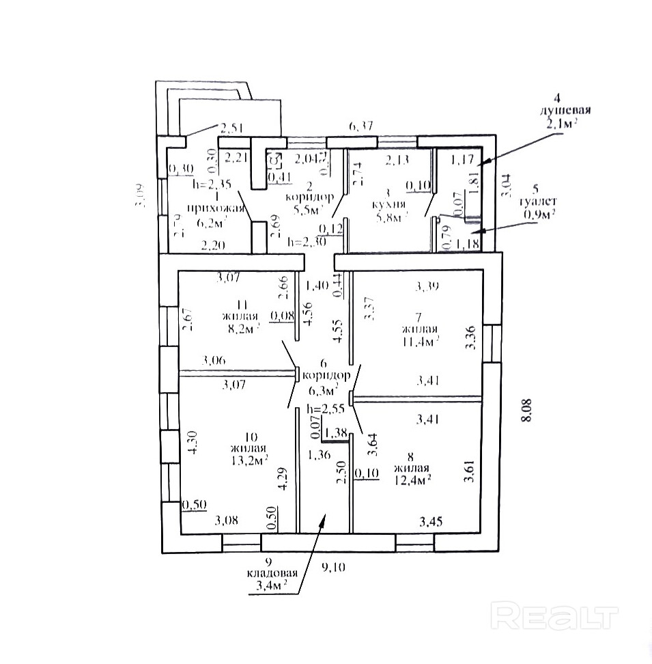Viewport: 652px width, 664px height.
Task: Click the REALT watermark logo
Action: pos(554,617)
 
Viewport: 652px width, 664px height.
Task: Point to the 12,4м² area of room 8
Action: pos(411,480)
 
